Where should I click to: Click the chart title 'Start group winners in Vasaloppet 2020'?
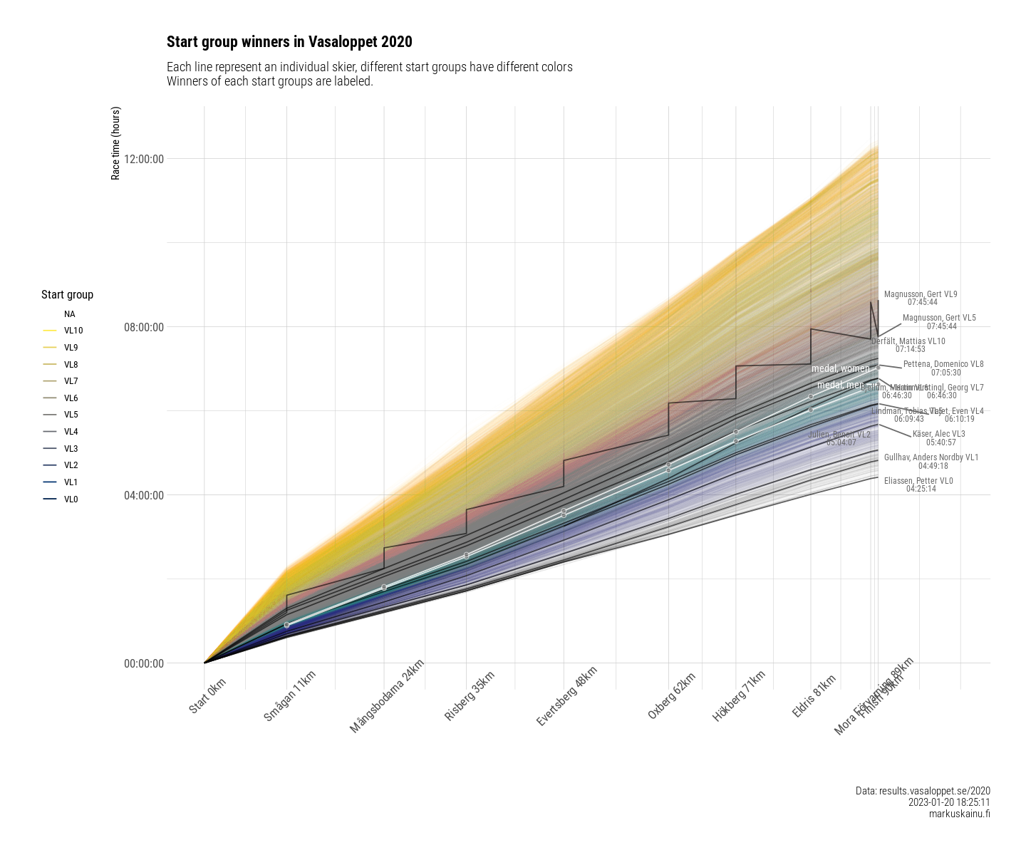[289, 42]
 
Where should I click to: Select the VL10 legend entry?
[73, 331]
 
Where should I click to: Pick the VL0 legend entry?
[71, 499]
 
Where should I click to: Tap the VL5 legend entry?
[71, 415]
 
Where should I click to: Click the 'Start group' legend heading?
[67, 295]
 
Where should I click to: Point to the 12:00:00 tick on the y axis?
[144, 159]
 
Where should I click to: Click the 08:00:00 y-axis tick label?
[144, 328]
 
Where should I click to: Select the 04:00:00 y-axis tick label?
[144, 496]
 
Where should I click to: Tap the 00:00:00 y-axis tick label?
[144, 664]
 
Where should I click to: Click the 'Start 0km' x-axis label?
[207, 696]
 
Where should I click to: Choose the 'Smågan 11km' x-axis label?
[289, 696]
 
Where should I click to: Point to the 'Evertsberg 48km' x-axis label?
[566, 697]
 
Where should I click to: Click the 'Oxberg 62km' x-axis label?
[671, 696]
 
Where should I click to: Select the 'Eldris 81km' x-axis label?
[814, 696]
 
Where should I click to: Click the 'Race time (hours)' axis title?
[116, 143]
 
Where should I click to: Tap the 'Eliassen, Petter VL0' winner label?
[918, 481]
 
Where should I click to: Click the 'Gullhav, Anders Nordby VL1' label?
[931, 457]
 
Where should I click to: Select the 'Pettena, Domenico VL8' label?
[943, 364]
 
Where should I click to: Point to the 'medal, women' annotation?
[841, 369]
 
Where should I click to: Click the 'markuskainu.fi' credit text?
[959, 814]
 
